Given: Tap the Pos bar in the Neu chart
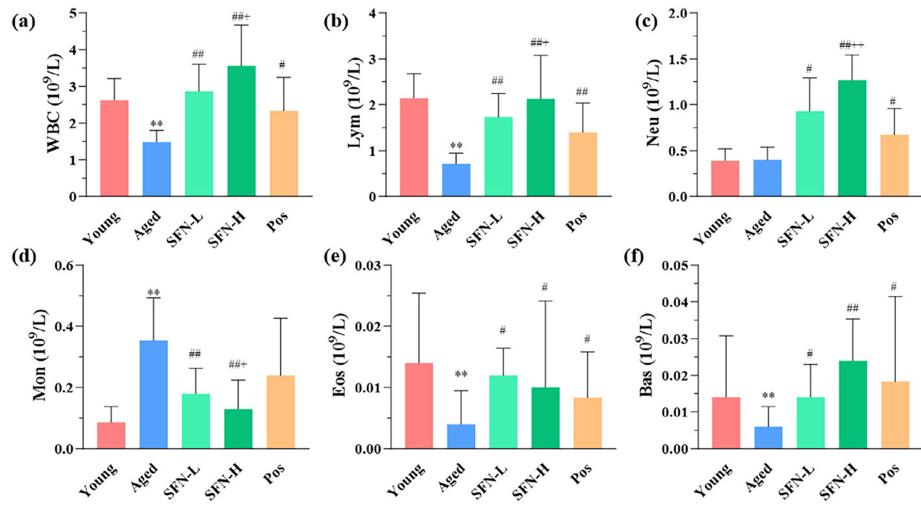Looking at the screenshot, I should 894,165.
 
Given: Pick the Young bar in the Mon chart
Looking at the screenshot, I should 111,435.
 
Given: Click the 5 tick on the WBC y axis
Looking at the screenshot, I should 75,13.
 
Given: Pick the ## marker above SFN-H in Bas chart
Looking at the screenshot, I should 852,308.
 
